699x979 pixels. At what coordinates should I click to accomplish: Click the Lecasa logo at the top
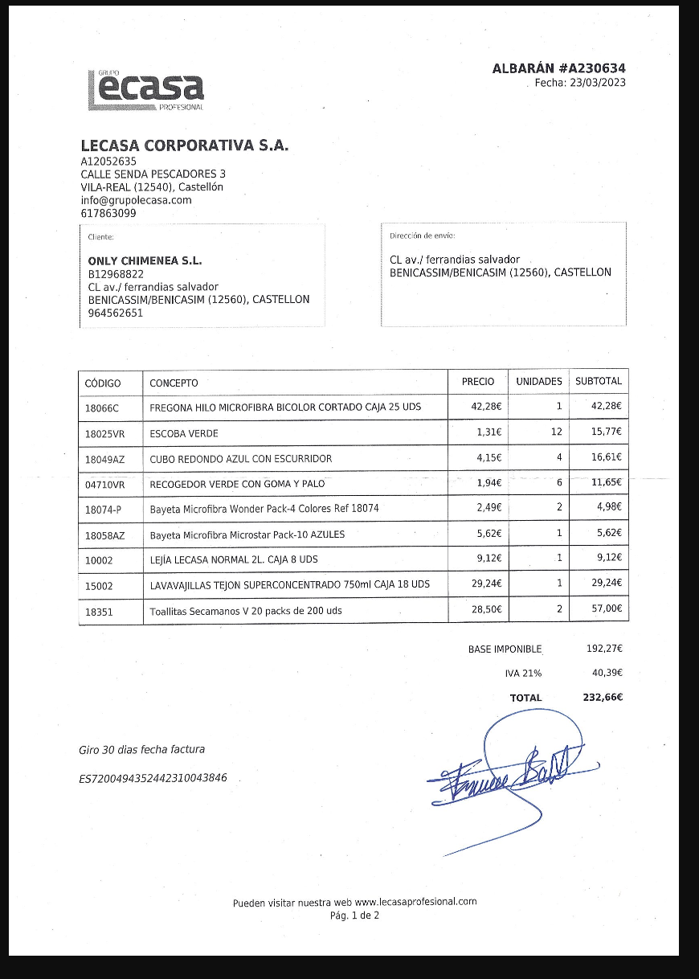145,90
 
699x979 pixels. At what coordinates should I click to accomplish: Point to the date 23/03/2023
598,83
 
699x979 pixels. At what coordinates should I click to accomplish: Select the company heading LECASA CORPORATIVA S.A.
184,145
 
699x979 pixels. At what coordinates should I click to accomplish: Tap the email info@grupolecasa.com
136,200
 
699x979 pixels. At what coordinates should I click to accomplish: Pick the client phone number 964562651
116,313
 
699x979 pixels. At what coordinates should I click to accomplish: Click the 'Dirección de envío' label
422,236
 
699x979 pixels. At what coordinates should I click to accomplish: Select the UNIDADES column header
538,382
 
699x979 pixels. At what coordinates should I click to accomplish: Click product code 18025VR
105,434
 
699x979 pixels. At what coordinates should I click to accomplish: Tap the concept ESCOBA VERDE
184,434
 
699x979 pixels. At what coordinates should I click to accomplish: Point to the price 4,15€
488,458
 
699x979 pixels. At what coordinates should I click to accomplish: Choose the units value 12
556,432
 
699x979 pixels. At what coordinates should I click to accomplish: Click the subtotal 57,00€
607,609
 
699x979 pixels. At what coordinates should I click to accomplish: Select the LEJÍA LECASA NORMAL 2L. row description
239,559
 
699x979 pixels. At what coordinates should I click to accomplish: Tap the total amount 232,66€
603,698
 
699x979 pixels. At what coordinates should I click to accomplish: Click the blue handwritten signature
506,772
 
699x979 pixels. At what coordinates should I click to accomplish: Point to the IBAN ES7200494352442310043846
153,778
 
